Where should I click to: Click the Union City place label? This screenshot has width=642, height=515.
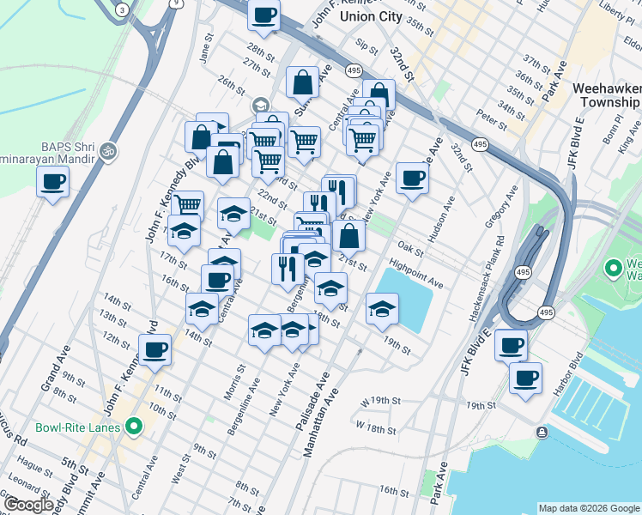(x=371, y=16)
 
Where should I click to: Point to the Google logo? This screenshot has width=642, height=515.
(x=29, y=505)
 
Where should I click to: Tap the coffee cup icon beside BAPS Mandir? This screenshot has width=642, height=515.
(x=53, y=182)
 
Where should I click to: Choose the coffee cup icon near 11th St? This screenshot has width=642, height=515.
(x=156, y=349)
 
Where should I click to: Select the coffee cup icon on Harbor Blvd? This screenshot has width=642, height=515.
(x=525, y=377)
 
